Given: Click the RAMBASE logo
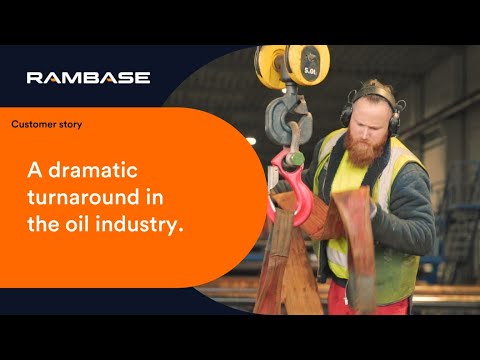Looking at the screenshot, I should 88,77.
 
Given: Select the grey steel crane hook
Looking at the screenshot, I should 285,125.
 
